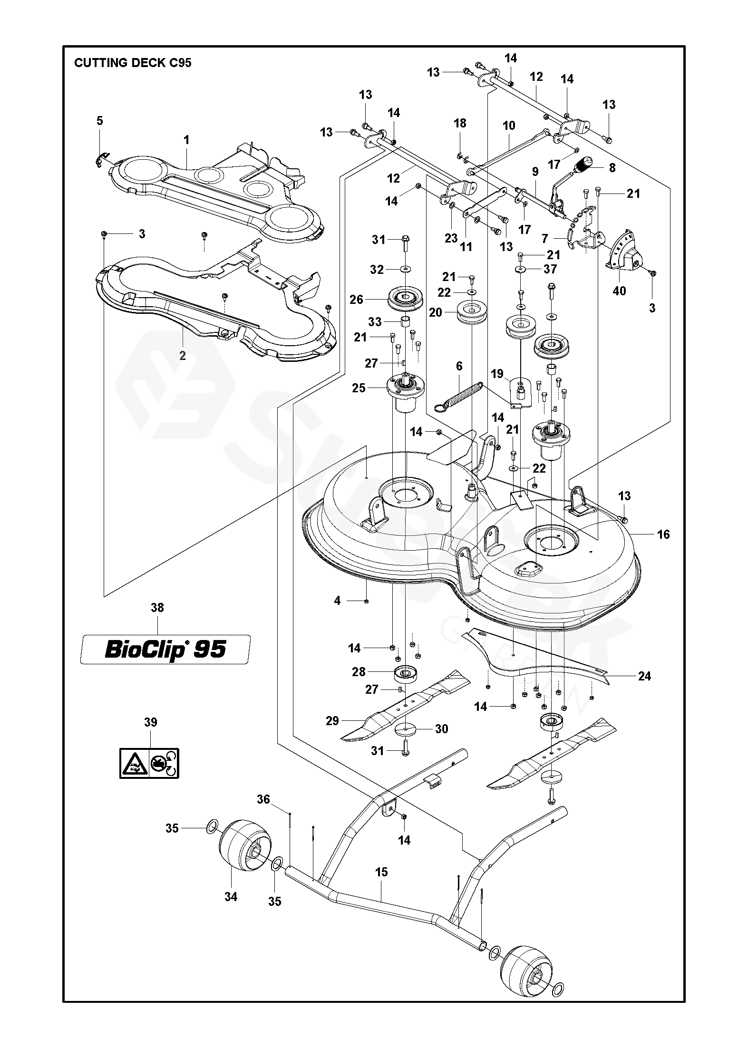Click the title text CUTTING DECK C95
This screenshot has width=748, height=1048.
tap(133, 63)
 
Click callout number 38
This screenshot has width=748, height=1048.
tap(157, 608)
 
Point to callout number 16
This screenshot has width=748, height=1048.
tap(663, 534)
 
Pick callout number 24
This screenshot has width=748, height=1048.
tap(644, 676)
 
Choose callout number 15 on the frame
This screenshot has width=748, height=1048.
tap(381, 872)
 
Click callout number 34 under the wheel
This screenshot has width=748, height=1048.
tap(231, 897)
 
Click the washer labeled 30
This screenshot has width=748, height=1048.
tap(405, 729)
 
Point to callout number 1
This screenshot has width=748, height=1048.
tap(186, 140)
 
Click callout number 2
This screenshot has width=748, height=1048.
tap(183, 356)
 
